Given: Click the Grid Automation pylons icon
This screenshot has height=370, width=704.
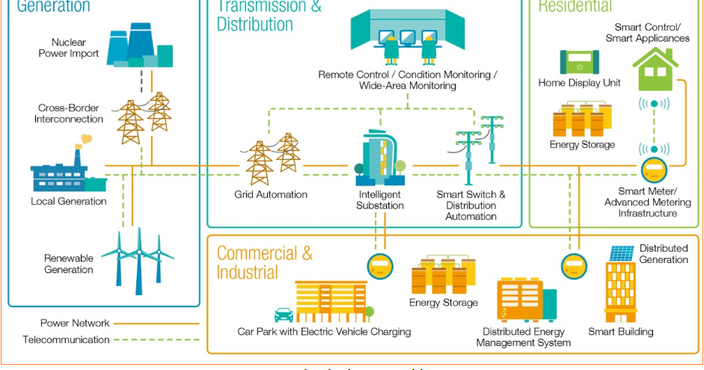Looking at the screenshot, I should [x=273, y=158].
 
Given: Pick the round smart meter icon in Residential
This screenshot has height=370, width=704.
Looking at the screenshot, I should [x=653, y=169].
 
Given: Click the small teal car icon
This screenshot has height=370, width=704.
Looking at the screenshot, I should [x=284, y=315].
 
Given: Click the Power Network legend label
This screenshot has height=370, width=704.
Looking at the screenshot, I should [x=75, y=323].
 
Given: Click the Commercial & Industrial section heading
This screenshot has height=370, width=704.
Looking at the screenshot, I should [x=265, y=262].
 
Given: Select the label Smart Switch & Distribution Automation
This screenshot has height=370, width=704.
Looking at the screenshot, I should [x=471, y=206].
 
